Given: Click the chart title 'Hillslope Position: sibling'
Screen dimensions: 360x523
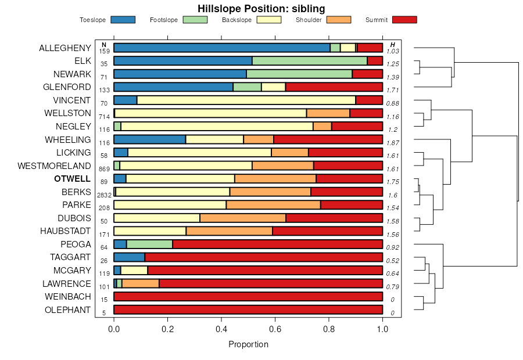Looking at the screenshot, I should [261, 8].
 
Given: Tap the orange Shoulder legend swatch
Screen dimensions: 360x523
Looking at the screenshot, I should [339, 20].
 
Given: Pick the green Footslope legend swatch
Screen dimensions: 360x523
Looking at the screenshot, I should [195, 20].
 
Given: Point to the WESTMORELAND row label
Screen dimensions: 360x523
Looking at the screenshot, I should [55, 165].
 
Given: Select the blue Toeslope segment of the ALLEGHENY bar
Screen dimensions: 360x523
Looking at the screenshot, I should [222, 48].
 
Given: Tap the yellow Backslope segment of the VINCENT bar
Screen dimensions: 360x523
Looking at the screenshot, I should [246, 100].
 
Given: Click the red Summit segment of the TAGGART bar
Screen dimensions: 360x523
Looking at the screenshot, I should [263, 257].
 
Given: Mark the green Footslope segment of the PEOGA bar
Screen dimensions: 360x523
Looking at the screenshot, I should [149, 244].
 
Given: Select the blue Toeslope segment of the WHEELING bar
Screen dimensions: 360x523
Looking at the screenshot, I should [149, 139].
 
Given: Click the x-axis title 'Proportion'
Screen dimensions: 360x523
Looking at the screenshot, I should [248, 344].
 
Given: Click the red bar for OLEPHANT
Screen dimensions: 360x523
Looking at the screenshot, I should [248, 309].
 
